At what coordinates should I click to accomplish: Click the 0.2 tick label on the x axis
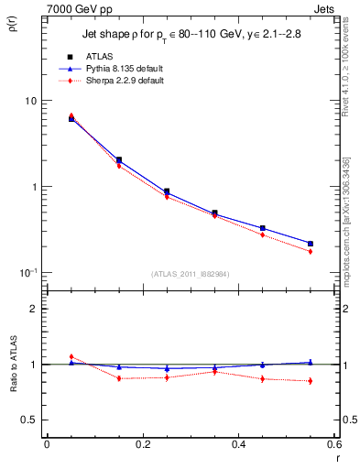coord(142,444)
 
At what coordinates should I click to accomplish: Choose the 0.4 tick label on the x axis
coord(238,444)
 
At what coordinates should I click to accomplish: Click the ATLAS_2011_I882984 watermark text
coord(190,274)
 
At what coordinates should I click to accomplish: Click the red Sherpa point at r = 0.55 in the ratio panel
coord(311,381)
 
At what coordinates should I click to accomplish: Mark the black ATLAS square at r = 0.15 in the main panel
coord(119,159)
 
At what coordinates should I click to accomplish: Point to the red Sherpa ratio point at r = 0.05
coord(71,357)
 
